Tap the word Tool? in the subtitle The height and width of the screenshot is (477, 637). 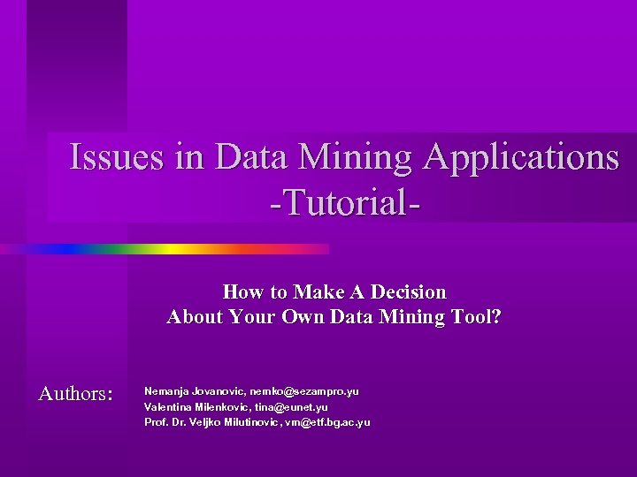tap(477, 316)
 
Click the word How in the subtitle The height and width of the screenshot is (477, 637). tap(241, 291)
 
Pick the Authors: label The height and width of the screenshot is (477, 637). tap(75, 393)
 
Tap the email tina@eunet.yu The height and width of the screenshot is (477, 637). tap(291, 406)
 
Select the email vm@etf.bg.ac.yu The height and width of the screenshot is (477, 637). tap(326, 422)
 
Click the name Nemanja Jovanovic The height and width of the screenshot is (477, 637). tap(194, 390)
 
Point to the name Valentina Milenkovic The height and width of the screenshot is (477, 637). tap(196, 406)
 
